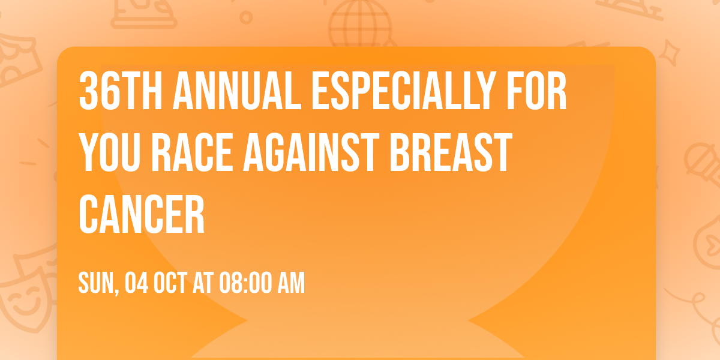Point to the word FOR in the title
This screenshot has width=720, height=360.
tap(536, 92)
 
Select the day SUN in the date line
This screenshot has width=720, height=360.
tap(97, 283)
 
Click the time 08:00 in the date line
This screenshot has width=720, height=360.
tap(244, 283)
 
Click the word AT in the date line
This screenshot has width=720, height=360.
tap(203, 283)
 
